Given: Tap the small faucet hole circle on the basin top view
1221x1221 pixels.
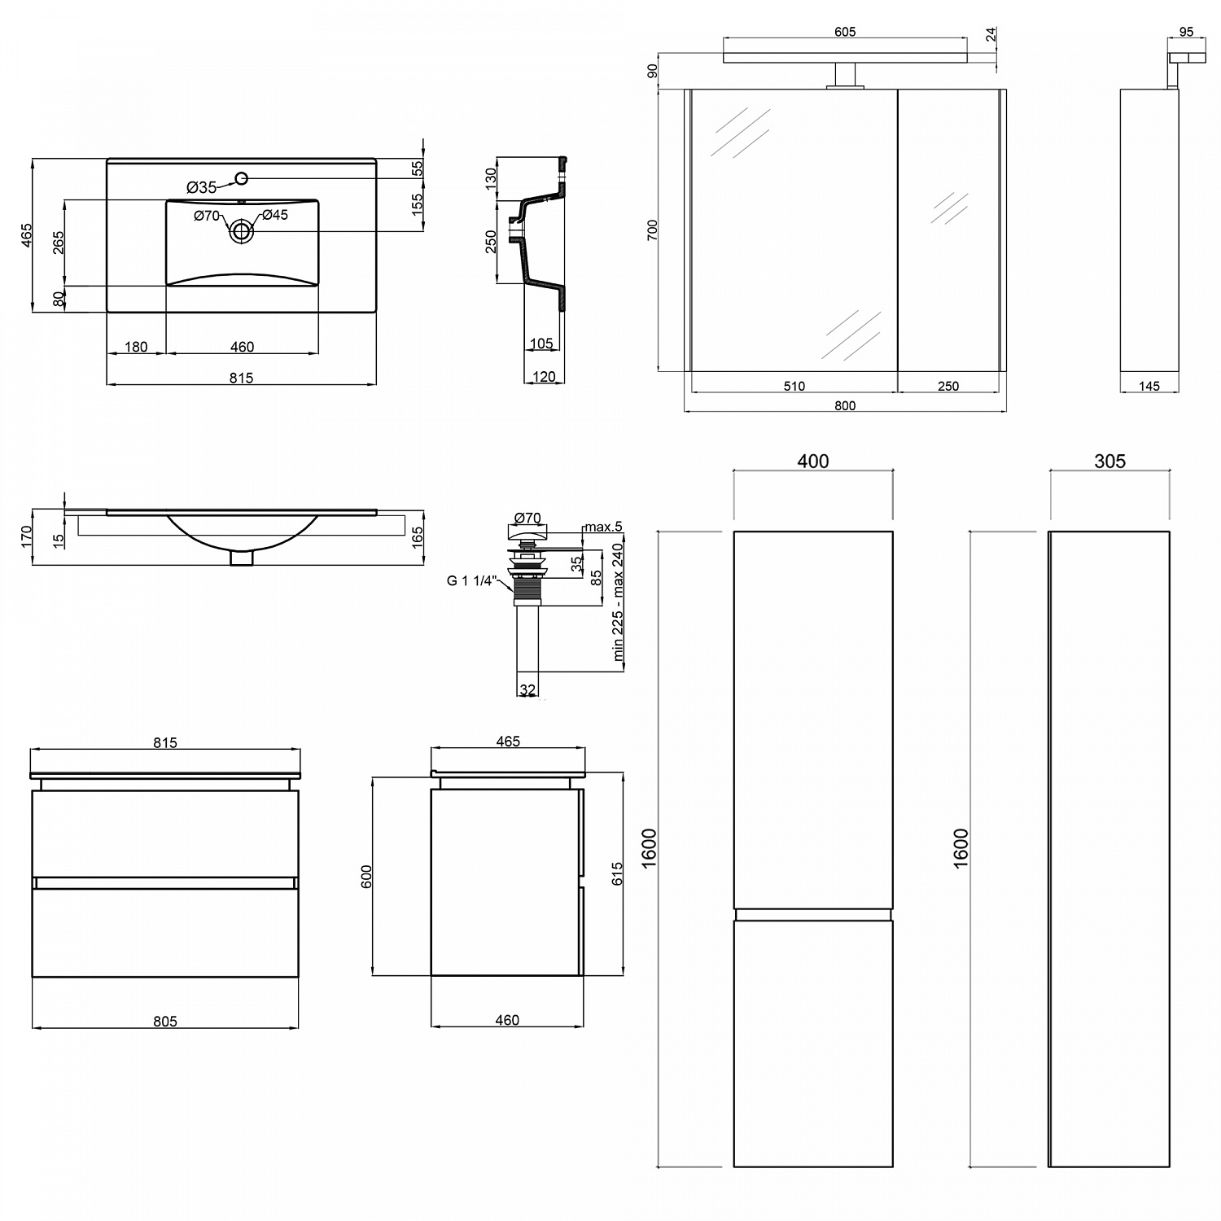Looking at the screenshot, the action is point(241,178).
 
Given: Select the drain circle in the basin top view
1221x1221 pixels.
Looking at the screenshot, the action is point(241,231).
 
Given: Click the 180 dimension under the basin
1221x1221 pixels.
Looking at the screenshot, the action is point(136,347).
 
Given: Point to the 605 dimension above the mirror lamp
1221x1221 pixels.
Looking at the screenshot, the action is point(845,32).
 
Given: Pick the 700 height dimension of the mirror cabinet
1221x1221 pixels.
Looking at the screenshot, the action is point(652,230).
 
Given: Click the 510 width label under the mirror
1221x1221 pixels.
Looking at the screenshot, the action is point(794,386).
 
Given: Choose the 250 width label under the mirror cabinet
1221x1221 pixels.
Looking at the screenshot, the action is point(948,386).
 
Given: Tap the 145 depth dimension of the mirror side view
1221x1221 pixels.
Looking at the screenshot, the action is point(1149,386).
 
